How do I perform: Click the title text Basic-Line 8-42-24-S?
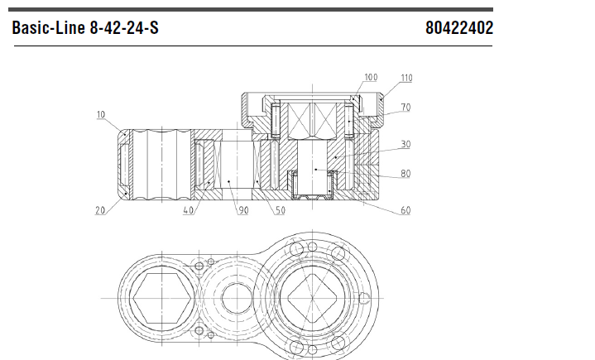coord(85,27)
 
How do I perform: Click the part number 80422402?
coord(459,27)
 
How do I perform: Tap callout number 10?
coord(101,114)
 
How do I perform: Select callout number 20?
coord(100,210)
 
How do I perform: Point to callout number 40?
coord(188,209)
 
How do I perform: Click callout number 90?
coord(243,210)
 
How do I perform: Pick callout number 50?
coord(280,210)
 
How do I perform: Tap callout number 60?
coord(405,210)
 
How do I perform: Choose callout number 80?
coord(405,173)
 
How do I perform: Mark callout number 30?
coord(405,144)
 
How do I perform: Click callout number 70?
coord(405,108)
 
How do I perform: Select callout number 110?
coord(406,78)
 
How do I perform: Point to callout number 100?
coord(371,77)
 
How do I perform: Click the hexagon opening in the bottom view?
coord(162,298)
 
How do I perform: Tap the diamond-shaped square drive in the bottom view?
coord(312,298)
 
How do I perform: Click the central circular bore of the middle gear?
coord(237,298)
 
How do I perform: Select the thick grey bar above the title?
coord(251,9)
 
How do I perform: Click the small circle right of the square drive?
coord(363,298)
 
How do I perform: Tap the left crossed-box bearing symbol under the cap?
coord(300,119)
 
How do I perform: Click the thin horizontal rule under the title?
coord(253,46)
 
